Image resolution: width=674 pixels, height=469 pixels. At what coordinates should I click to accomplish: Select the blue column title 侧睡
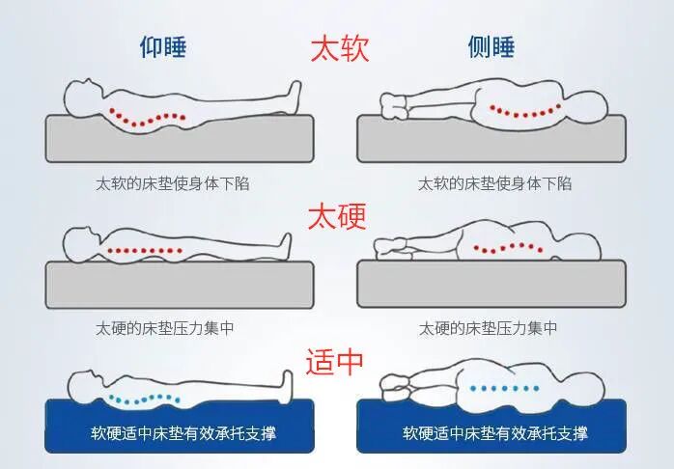(491, 47)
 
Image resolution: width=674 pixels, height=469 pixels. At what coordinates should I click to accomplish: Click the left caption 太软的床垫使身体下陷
(173, 182)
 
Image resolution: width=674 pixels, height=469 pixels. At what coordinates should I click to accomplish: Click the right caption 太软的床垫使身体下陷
(494, 182)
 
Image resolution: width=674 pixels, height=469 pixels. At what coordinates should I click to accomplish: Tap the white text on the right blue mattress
(494, 432)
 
